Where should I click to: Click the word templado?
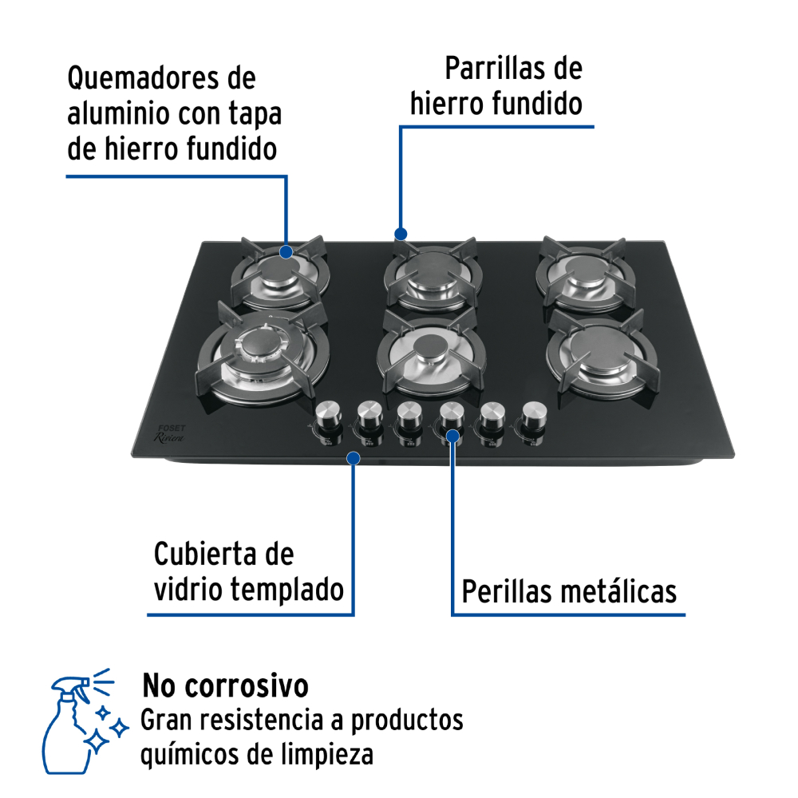pyautogui.click(x=287, y=591)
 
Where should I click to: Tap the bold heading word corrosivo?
pyautogui.click(x=247, y=685)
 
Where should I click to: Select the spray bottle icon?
pyautogui.click(x=84, y=721)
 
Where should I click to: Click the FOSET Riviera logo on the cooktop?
pyautogui.click(x=170, y=433)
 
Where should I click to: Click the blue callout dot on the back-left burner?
pyautogui.click(x=286, y=252)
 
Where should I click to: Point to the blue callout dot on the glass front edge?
pyautogui.click(x=354, y=458)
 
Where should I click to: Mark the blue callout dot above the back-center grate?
pyautogui.click(x=401, y=234)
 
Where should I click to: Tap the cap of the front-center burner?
pyautogui.click(x=431, y=348)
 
